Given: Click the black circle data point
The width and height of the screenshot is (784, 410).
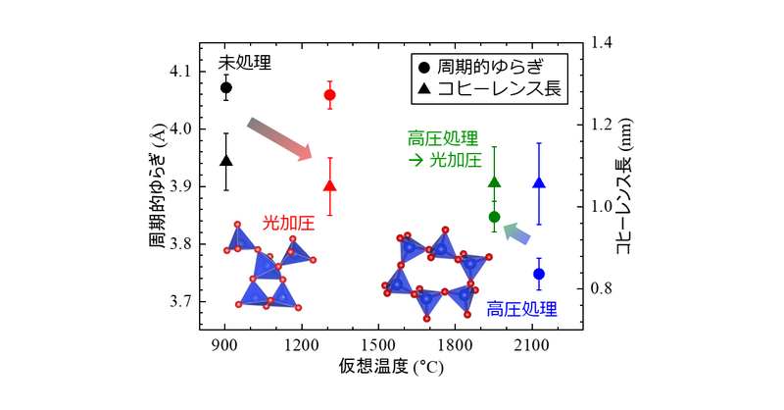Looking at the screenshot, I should [226, 87].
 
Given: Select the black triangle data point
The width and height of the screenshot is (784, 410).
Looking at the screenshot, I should [226, 161].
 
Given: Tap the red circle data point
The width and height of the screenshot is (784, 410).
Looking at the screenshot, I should [329, 95].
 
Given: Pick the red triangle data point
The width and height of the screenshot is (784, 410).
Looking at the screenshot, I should [329, 185].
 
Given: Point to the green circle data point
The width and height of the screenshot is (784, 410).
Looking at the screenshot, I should [494, 217].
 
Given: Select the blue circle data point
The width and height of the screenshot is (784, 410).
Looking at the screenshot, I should [538, 274].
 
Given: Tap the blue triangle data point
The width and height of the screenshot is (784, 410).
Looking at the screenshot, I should [538, 182].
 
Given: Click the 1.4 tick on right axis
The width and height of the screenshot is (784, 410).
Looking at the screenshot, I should [602, 42].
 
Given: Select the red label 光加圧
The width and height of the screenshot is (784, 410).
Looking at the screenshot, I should [288, 224].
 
